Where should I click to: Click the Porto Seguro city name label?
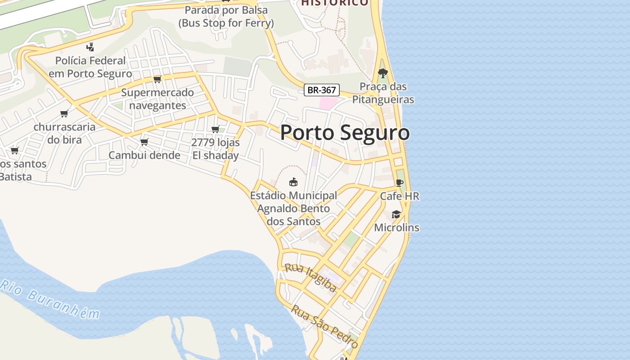point(345,133)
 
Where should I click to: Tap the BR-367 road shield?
point(321,90)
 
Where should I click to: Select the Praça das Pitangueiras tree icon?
point(382,73)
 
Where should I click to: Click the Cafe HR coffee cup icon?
point(399,183)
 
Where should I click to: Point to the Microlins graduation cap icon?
point(396,214)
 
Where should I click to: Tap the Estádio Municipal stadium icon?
point(293,182)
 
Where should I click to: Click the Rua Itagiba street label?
point(310,277)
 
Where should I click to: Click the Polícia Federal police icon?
point(90,47)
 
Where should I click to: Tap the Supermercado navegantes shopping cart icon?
point(157,79)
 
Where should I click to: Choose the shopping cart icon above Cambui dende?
point(144,142)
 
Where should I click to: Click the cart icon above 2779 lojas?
point(216,129)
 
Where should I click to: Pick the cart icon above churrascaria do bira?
point(64,113)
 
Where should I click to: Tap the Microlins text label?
point(396,228)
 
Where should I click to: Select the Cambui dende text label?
point(144,155)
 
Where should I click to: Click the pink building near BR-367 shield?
point(328,103)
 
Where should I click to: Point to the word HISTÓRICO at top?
point(334,3)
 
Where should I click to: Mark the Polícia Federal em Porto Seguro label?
point(90,67)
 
